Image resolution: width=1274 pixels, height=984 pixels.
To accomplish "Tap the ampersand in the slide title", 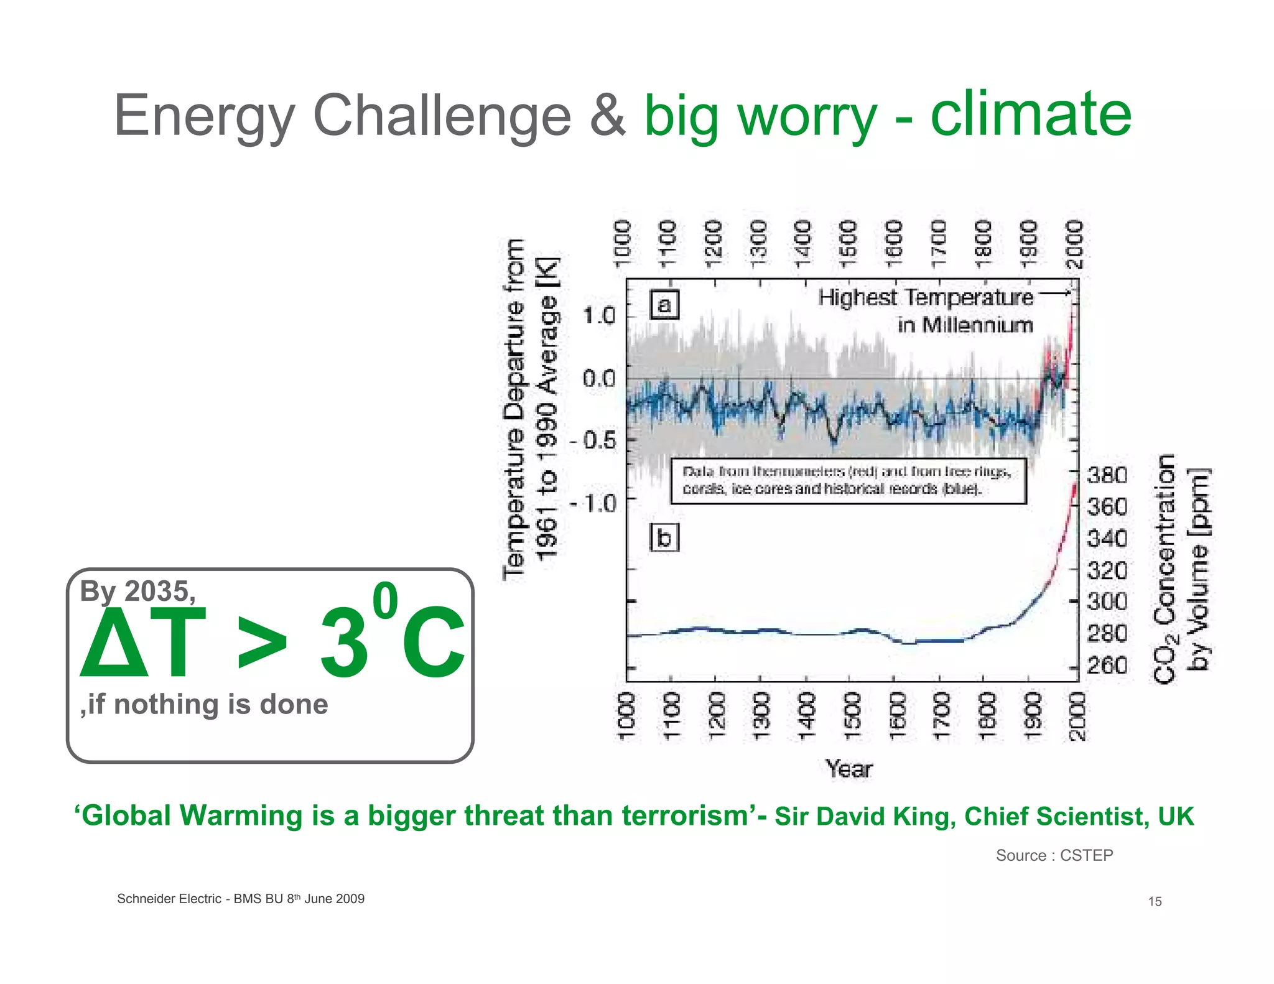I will [x=607, y=116].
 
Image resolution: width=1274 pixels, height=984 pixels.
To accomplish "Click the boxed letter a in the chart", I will [x=664, y=305].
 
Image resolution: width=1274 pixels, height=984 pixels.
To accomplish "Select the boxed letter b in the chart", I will [x=664, y=537].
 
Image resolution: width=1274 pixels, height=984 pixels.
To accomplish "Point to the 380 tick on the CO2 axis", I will [x=1107, y=475].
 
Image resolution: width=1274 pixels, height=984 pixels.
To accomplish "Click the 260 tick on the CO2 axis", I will [x=1107, y=666].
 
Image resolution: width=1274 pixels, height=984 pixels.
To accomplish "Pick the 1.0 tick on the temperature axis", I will [x=598, y=316].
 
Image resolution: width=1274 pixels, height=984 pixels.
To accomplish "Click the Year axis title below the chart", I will [x=849, y=769].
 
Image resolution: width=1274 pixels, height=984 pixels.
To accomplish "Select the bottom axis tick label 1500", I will [x=850, y=716].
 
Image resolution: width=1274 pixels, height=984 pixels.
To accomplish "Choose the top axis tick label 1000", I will [x=623, y=243].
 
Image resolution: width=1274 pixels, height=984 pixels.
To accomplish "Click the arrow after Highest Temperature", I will [x=1054, y=293].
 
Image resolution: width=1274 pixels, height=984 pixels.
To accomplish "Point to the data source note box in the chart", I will [x=848, y=481].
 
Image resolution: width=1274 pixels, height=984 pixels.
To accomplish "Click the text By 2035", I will [x=137, y=591].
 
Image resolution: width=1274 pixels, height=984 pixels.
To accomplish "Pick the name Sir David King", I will [x=865, y=817].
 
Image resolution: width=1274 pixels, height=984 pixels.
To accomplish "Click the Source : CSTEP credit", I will [x=1054, y=855].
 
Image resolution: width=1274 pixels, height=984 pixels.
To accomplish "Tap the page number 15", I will [x=1155, y=901].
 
